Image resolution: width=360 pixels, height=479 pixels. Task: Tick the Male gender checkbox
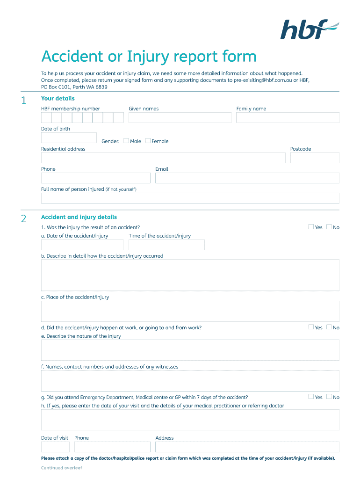pyautogui.click(x=126, y=140)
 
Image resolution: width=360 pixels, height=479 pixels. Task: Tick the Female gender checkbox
pyautogui.click(x=148, y=140)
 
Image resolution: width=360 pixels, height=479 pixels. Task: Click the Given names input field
pyautogui.click(x=180, y=117)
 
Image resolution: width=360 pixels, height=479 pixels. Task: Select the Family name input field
pyautogui.click(x=288, y=117)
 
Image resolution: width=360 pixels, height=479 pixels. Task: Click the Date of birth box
pyautogui.click(x=69, y=138)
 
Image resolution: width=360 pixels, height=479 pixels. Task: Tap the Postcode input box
pyautogui.click(x=315, y=158)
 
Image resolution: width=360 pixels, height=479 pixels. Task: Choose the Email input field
pyautogui.click(x=247, y=178)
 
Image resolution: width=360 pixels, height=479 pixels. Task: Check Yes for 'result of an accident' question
pyautogui.click(x=311, y=227)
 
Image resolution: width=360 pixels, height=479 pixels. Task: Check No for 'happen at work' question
pyautogui.click(x=329, y=327)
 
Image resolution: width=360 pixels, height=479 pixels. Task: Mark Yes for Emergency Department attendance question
pyautogui.click(x=311, y=397)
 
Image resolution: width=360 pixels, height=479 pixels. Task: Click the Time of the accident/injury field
pyautogui.click(x=166, y=245)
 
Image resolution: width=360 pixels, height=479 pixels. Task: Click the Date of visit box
pyautogui.click(x=55, y=447)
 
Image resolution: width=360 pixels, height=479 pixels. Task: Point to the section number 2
pyautogui.click(x=24, y=218)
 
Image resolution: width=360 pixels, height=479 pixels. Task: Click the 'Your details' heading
pyautogui.click(x=58, y=98)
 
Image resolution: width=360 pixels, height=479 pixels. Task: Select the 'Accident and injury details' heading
pyautogui.click(x=79, y=217)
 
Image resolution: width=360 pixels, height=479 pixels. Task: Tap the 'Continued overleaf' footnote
pyautogui.click(x=62, y=468)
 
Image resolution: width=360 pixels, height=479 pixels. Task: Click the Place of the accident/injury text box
pyautogui.click(x=190, y=311)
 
